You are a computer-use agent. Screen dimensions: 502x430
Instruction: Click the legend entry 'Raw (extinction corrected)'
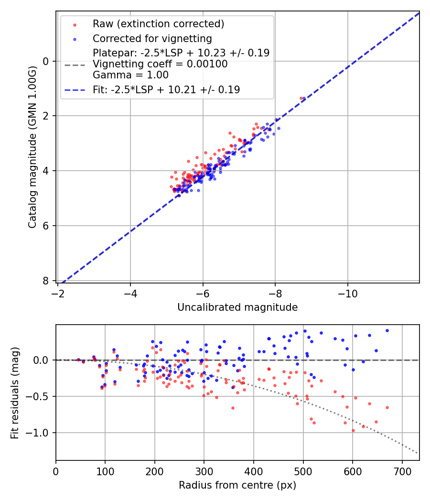click(158, 24)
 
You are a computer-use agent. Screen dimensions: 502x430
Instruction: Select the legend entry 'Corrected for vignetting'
click(152, 38)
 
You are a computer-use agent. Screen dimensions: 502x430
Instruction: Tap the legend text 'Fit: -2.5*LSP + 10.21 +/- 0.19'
click(166, 89)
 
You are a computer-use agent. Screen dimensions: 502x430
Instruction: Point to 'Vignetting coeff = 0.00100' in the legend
click(160, 64)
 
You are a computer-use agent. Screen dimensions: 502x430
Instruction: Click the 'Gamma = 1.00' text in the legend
click(130, 75)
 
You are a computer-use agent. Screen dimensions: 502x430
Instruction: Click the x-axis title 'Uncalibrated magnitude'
click(237, 307)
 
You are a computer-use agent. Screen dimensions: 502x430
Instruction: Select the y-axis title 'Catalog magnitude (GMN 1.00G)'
click(32, 147)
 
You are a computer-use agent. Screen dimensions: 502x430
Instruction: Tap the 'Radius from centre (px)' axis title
click(237, 485)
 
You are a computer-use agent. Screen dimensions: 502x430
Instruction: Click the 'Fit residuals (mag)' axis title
click(15, 393)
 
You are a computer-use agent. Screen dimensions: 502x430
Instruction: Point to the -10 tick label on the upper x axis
click(347, 293)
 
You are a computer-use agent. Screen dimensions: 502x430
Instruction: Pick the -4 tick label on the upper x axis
click(130, 293)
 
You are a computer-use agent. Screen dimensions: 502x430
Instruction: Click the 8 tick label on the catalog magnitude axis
click(46, 281)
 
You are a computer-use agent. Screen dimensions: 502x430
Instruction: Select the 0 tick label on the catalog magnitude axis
click(46, 61)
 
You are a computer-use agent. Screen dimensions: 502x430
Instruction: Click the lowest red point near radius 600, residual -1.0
click(353, 430)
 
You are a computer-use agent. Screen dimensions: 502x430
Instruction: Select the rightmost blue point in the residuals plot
click(387, 330)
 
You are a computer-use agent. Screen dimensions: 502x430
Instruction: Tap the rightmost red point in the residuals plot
click(387, 407)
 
